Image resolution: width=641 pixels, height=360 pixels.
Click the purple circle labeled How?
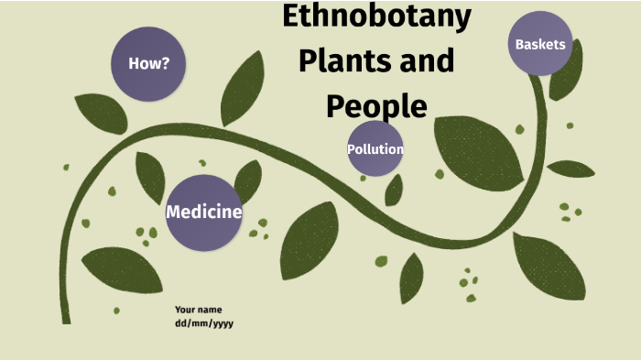tap(147, 63)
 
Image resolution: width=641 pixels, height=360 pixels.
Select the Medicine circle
tap(204, 213)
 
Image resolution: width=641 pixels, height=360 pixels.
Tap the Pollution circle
tap(375, 148)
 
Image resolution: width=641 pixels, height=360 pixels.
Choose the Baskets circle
tap(540, 44)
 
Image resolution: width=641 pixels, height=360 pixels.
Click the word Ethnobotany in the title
tap(376, 16)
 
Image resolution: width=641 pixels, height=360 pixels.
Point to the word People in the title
tap(376, 105)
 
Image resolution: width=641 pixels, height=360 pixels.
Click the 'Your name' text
tap(198, 310)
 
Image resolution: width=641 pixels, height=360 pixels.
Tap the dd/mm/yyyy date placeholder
tap(204, 323)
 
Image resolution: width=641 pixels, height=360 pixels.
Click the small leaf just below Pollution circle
tap(395, 190)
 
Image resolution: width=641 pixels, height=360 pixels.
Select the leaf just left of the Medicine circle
tap(150, 176)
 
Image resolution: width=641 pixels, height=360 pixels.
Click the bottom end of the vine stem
tap(66, 316)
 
